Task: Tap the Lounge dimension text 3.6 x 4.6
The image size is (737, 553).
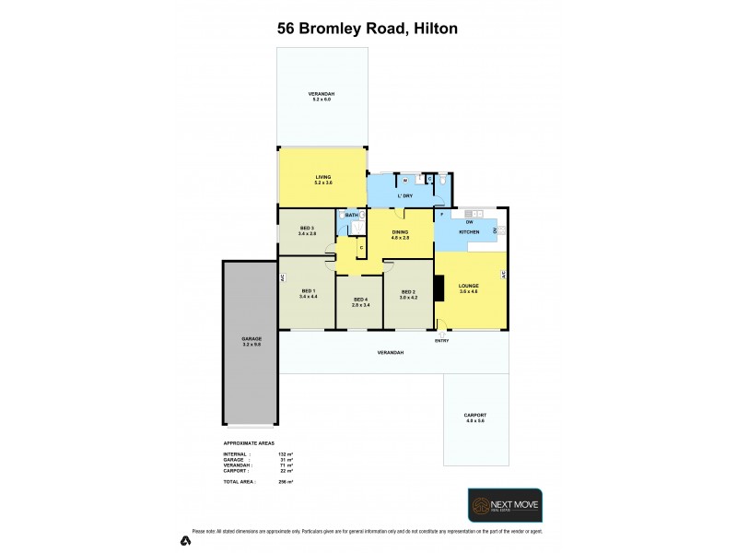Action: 469,292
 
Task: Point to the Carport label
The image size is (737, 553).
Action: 474,416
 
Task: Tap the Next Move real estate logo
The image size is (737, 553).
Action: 505,506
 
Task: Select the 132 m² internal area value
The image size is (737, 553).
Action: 286,454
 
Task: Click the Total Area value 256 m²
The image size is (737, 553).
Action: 286,482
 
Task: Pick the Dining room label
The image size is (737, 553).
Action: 401,231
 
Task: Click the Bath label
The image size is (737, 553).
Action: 351,216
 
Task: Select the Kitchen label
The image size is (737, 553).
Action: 469,232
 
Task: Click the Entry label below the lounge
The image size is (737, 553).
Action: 441,341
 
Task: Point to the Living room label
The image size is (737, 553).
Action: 322,177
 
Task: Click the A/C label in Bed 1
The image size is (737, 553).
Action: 283,277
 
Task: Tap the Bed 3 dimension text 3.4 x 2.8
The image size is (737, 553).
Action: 307,234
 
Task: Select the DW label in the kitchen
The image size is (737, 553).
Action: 470,222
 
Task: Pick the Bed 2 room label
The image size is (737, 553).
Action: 408,292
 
